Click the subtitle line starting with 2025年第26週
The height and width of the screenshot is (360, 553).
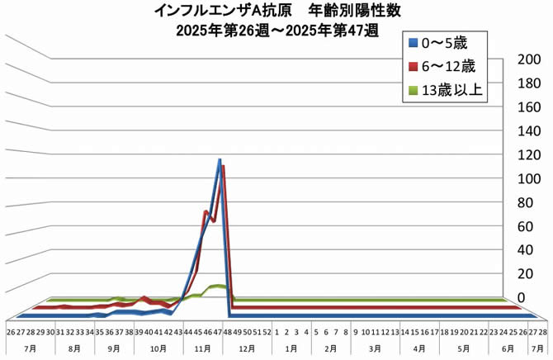coord(276,31)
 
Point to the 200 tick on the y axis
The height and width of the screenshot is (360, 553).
coord(527,60)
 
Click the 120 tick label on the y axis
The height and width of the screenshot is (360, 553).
coord(527,154)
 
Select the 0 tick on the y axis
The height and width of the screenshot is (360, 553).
coord(521,297)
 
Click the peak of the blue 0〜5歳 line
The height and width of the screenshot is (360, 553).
coord(220,160)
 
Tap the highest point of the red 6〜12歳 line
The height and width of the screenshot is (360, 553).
coord(223,167)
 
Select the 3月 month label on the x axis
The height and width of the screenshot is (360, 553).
coord(374,349)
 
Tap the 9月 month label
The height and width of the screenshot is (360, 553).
coord(114,349)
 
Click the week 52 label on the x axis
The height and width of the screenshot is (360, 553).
coord(267,332)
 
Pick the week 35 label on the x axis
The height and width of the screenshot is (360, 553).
coord(99,332)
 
